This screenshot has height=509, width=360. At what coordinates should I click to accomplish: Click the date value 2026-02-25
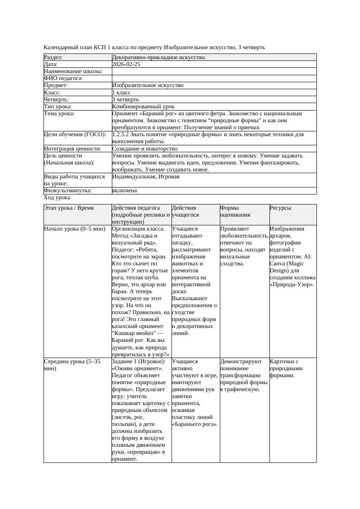click(x=126, y=64)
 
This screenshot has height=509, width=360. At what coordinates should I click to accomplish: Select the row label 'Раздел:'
click(x=54, y=57)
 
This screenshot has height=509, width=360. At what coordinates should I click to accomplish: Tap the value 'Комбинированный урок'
click(x=143, y=107)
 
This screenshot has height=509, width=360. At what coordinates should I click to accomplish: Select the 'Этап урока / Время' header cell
click(x=69, y=208)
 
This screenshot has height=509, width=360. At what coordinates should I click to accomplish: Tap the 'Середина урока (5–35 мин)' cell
click(x=72, y=365)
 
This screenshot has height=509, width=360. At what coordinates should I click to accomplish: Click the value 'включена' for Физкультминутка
click(x=124, y=191)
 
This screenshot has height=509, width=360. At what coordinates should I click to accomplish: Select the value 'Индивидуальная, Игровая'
click(x=146, y=177)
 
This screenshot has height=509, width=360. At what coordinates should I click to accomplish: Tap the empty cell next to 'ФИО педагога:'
click(x=213, y=78)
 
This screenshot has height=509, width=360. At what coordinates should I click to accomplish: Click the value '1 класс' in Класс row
click(x=121, y=93)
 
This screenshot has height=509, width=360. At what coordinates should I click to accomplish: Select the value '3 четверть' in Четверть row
click(x=125, y=100)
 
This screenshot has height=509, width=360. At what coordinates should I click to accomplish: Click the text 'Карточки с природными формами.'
click(x=286, y=368)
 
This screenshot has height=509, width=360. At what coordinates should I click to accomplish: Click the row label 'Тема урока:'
click(x=59, y=114)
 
